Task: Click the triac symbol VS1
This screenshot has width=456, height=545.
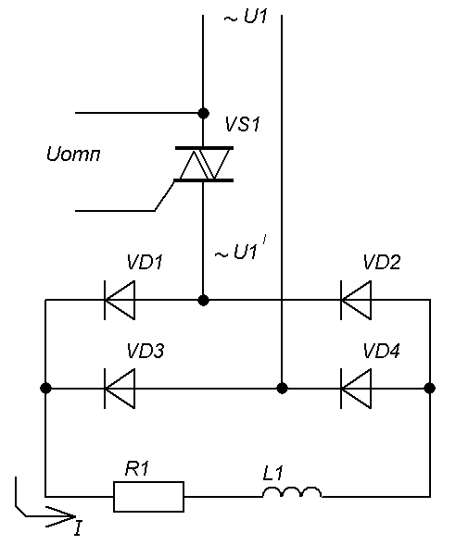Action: [204, 164]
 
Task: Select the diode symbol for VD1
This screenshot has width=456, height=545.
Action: [120, 300]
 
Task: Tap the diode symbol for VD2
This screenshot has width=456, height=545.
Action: [356, 300]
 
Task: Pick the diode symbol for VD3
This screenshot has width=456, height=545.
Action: [120, 389]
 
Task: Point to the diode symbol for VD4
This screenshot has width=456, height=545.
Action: [356, 389]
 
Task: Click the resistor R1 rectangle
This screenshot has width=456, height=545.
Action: [148, 497]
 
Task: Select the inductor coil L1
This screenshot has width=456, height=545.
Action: [292, 492]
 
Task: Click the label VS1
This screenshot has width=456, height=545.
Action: [242, 124]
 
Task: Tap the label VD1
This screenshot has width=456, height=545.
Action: [145, 262]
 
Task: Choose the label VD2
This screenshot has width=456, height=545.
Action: [382, 262]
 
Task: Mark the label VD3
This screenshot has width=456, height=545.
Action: [146, 351]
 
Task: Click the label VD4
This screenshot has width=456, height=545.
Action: [382, 351]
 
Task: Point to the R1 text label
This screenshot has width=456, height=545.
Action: [137, 469]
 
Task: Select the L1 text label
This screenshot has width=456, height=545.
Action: [273, 473]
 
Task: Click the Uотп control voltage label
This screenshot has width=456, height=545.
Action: [73, 154]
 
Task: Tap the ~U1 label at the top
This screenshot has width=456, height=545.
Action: [246, 17]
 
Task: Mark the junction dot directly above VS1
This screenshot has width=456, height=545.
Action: [203, 113]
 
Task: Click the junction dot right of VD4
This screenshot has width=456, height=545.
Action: [430, 389]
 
